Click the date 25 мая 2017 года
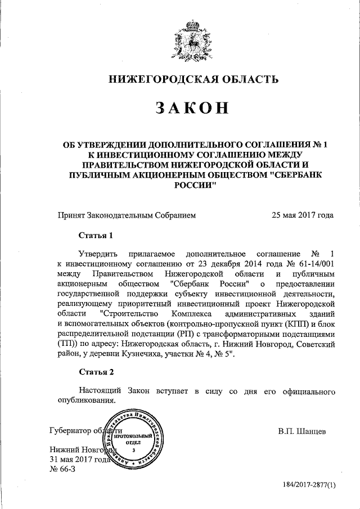coord(302,214)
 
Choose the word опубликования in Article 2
coord(86,400)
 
